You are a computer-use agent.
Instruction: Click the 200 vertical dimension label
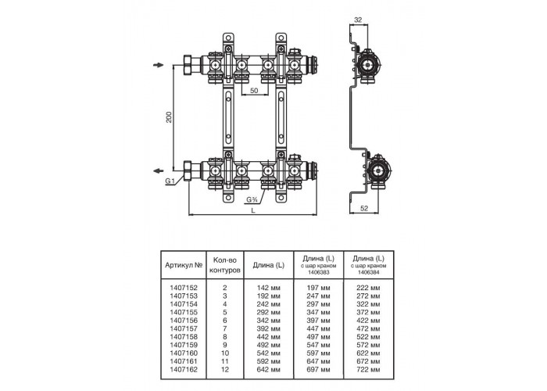(170, 117)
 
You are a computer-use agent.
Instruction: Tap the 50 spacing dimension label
(254, 91)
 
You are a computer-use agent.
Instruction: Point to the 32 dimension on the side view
(358, 20)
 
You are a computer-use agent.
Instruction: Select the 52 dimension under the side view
(364, 209)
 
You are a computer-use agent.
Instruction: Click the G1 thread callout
(170, 181)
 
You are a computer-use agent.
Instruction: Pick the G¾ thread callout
(252, 199)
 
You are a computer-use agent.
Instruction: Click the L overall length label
(253, 210)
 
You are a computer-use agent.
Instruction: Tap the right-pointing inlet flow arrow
(159, 65)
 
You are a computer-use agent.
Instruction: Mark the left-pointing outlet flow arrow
(159, 170)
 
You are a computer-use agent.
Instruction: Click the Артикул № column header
(184, 265)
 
